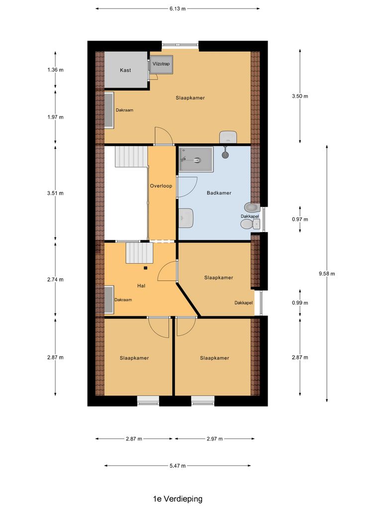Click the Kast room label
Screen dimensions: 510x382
pyautogui.click(x=125, y=70)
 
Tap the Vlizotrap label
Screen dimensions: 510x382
pyautogui.click(x=161, y=64)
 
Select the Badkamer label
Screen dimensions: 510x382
pyautogui.click(x=219, y=193)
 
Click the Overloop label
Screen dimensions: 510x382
pyautogui.click(x=161, y=186)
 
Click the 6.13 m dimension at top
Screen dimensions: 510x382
pyautogui.click(x=177, y=8)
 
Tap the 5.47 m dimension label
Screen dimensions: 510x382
pyautogui.click(x=177, y=466)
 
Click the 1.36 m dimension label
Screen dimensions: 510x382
pyautogui.click(x=55, y=70)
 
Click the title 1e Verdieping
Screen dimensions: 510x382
pyautogui.click(x=178, y=499)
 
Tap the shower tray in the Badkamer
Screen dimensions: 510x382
pyautogui.click(x=196, y=159)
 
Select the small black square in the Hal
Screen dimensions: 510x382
pyautogui.click(x=146, y=268)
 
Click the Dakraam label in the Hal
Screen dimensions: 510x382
pyautogui.click(x=123, y=300)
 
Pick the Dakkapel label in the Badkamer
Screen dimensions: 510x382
pyautogui.click(x=250, y=217)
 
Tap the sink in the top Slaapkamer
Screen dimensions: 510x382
pyautogui.click(x=228, y=136)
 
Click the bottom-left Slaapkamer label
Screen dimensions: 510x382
pyautogui.click(x=134, y=358)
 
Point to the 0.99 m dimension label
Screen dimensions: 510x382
pyautogui.click(x=300, y=303)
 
